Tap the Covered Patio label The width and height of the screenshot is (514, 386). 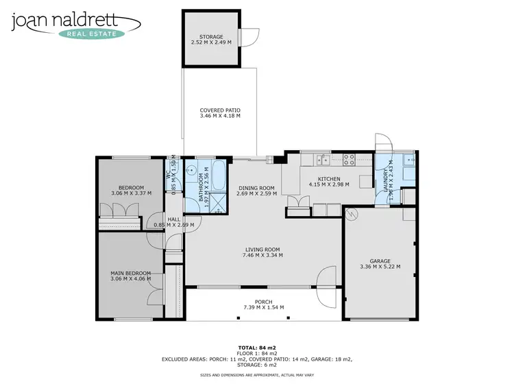click(x=220, y=110)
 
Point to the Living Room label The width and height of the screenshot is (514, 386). click(x=263, y=250)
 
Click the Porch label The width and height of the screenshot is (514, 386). click(x=263, y=302)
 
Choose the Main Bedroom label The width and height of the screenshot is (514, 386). click(x=130, y=272)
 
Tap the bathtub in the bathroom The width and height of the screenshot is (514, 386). click(x=218, y=177)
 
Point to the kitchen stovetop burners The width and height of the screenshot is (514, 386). click(x=348, y=160)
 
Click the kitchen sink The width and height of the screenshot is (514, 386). click(x=322, y=160)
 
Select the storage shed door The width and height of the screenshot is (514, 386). click(x=253, y=36)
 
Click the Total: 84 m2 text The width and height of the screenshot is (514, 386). click(x=257, y=348)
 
